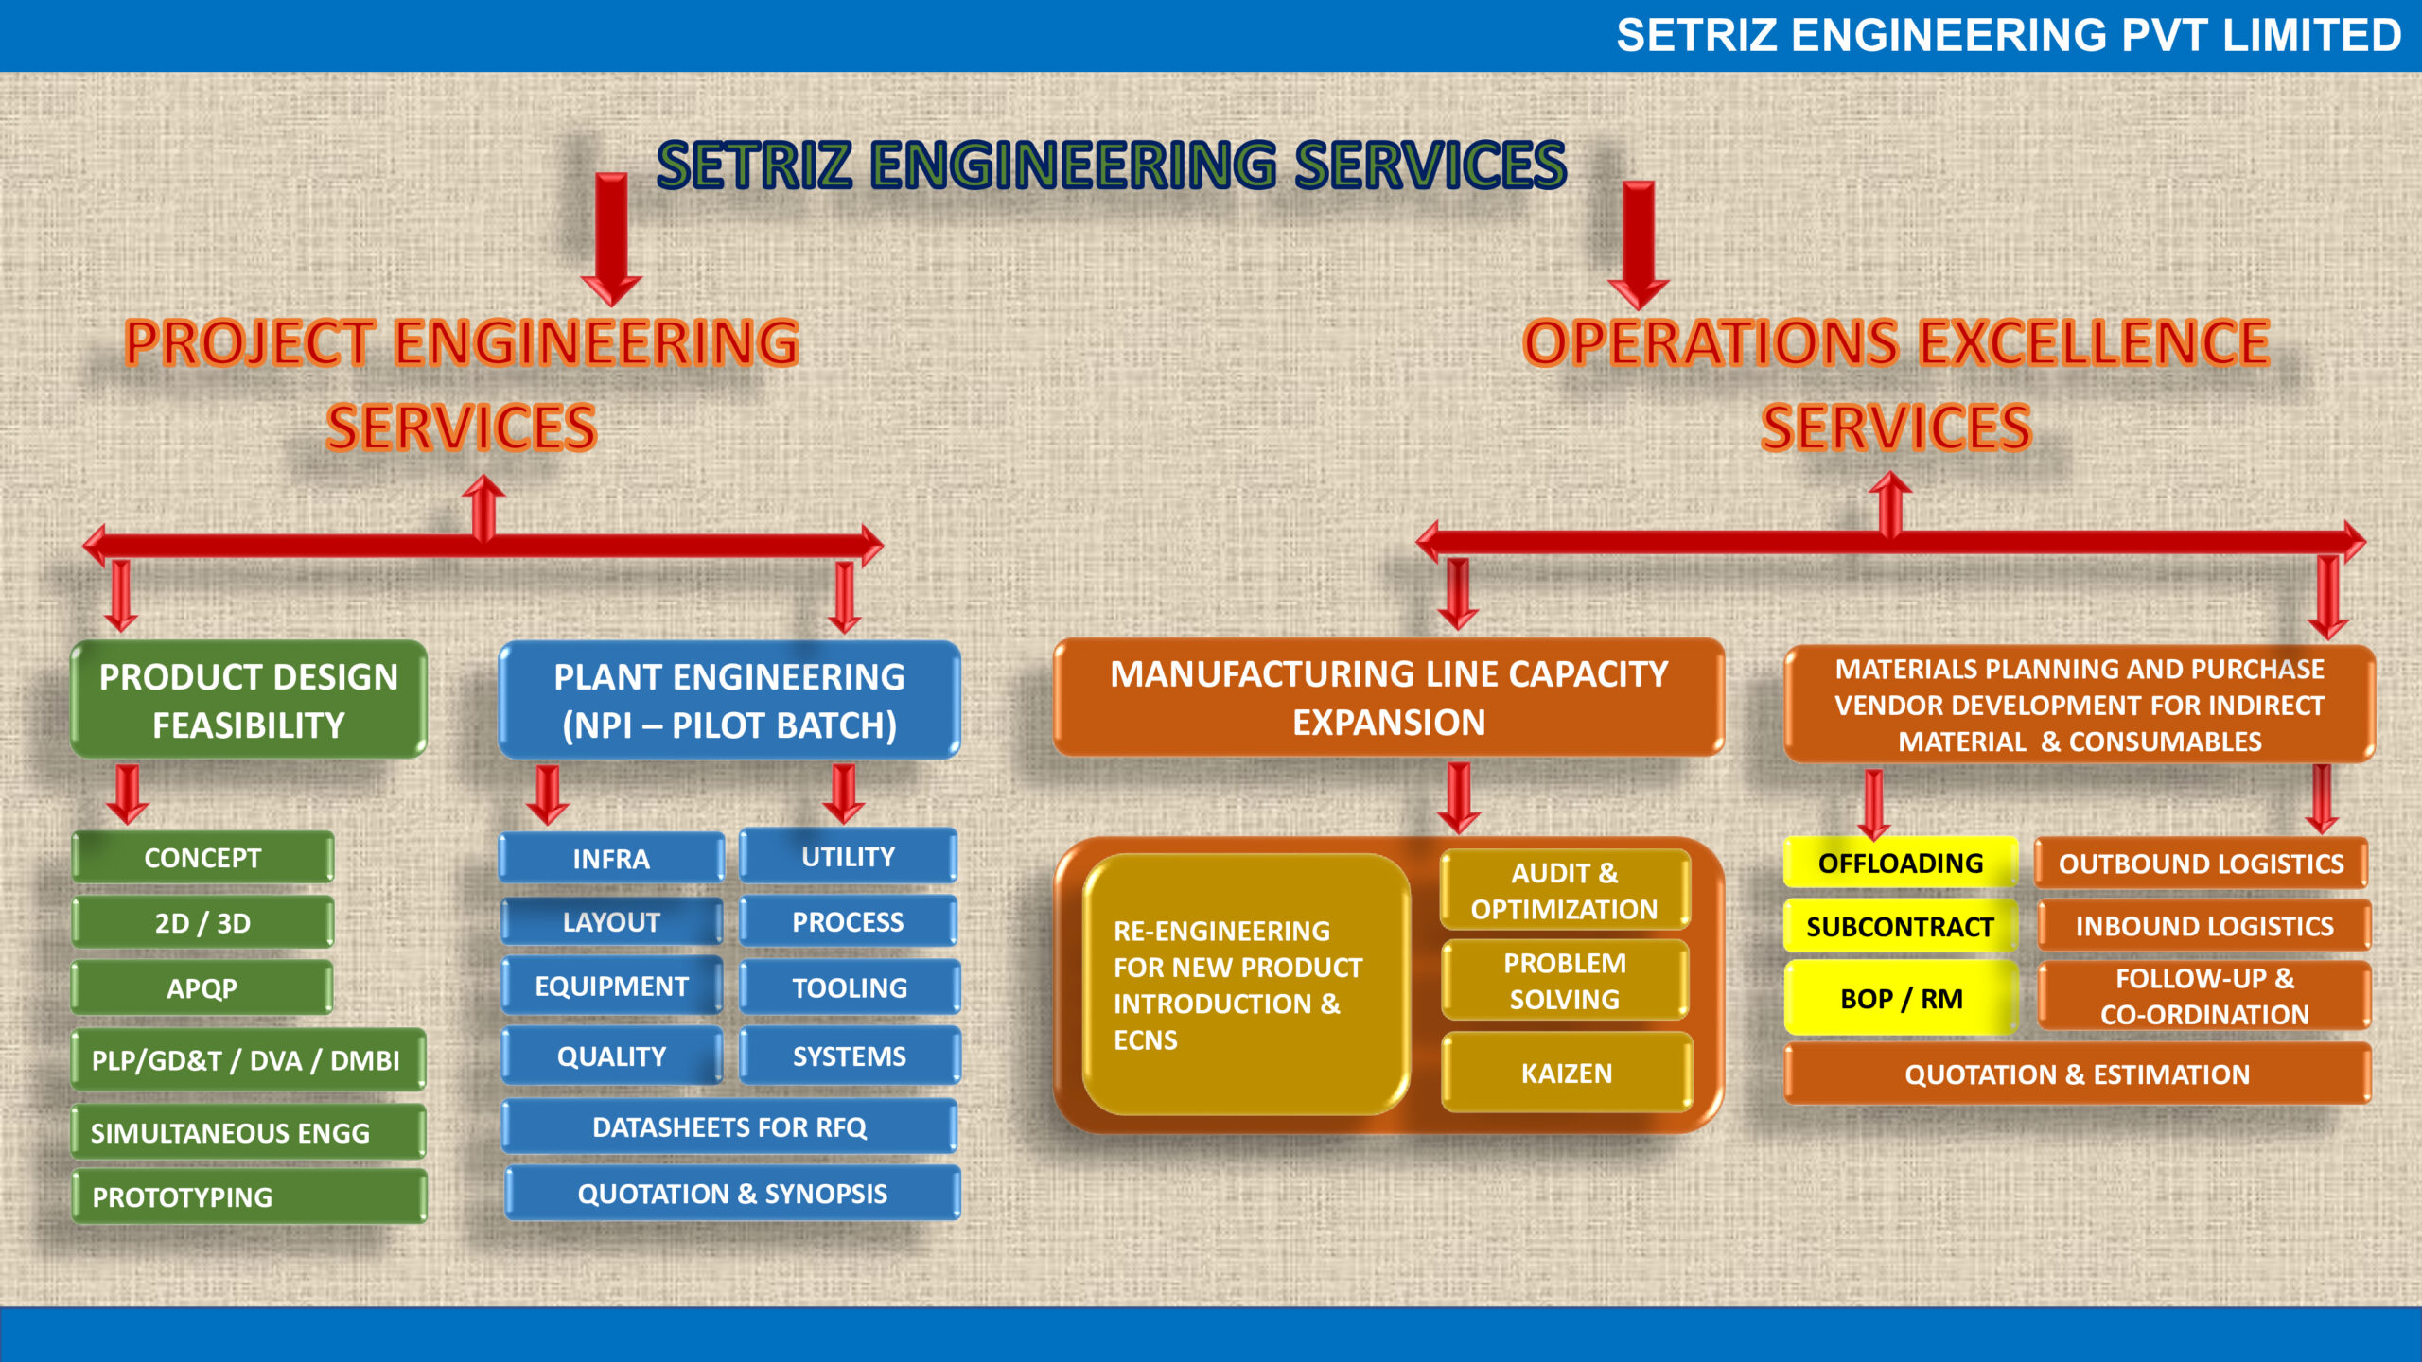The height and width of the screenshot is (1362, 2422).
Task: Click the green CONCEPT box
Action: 202,858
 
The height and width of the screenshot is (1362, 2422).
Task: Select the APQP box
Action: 202,988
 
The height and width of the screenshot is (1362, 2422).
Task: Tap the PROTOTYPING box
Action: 248,1196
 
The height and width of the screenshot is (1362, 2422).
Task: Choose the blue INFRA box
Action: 611,859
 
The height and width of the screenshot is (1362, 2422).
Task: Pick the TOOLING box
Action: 849,987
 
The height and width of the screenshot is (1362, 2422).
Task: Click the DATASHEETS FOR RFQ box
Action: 729,1126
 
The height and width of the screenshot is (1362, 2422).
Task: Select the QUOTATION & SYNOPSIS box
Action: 732,1194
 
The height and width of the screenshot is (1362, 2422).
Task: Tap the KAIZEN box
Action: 1567,1074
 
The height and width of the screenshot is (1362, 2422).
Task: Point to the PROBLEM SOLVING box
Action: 1565,981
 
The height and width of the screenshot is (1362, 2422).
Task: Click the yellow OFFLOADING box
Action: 1900,863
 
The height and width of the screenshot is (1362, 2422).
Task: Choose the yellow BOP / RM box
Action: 1901,999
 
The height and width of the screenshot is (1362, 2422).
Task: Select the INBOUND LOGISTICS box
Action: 2203,926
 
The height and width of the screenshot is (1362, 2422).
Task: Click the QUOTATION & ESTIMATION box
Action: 2077,1074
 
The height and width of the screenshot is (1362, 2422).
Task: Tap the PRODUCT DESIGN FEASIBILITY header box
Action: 249,701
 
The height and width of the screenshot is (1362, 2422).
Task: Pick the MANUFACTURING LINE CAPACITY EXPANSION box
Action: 1389,698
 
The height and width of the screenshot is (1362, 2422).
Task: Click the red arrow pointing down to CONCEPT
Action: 128,794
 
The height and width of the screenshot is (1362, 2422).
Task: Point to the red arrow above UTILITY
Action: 843,794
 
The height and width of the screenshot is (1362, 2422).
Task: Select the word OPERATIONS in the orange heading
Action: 1711,342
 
